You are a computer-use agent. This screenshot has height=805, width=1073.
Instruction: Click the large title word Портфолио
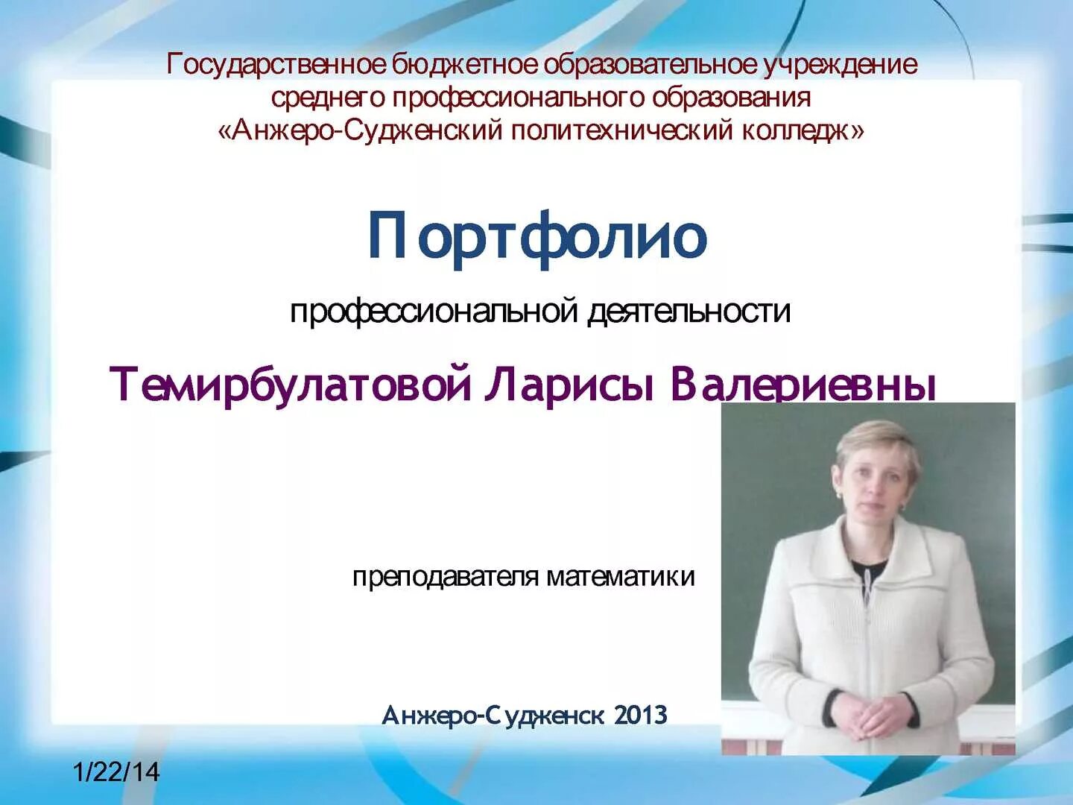pyautogui.click(x=536, y=237)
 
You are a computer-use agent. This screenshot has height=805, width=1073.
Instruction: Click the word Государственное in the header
pyautogui.click(x=276, y=65)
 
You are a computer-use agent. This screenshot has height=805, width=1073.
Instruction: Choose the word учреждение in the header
pyautogui.click(x=840, y=65)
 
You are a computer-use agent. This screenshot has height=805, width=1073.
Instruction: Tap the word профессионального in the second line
pyautogui.click(x=518, y=98)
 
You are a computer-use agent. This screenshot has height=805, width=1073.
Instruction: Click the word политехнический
pyautogui.click(x=623, y=130)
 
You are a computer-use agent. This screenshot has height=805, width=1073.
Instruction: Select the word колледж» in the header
pyautogui.click(x=803, y=130)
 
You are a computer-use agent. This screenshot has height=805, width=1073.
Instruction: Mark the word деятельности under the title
pyautogui.click(x=689, y=311)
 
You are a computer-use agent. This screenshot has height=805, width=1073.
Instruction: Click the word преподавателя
pyautogui.click(x=445, y=577)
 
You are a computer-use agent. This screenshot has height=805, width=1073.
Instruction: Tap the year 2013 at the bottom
pyautogui.click(x=641, y=716)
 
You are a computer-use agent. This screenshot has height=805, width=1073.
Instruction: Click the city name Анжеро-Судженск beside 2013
pyautogui.click(x=493, y=716)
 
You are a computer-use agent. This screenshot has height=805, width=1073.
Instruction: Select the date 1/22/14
pyautogui.click(x=116, y=771)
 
